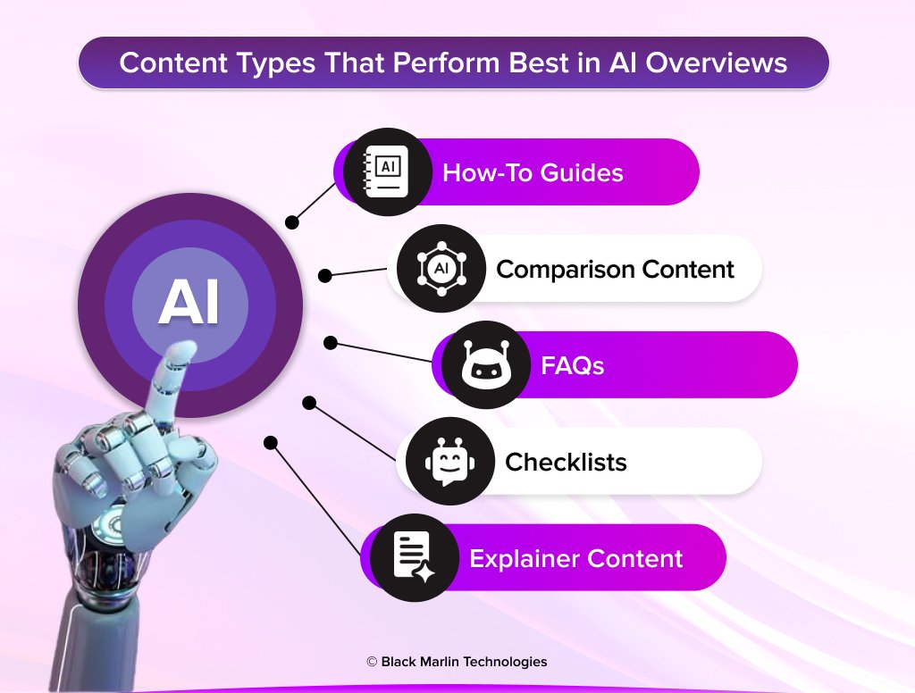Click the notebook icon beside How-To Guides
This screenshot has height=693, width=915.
point(387,171)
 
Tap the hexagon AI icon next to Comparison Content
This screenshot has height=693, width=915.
point(441,268)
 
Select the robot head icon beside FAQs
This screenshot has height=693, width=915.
point(485,364)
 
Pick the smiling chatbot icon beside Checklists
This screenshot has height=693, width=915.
point(449,461)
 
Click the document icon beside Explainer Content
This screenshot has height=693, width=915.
point(414,557)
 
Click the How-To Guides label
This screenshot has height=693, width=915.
point(533,172)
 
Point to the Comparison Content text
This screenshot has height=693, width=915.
point(615,269)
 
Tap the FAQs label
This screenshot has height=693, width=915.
point(573,365)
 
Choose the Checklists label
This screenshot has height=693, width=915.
point(566,462)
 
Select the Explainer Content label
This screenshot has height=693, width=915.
point(575,558)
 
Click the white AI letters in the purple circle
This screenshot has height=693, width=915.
point(189,304)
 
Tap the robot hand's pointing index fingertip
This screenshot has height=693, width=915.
point(186,351)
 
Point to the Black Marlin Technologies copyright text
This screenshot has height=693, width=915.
point(457,662)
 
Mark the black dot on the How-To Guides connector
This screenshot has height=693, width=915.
point(291,221)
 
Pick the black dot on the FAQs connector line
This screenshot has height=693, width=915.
point(330,342)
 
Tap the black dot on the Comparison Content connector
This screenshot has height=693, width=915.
point(325,276)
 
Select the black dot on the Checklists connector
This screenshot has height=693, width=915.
point(309,403)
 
